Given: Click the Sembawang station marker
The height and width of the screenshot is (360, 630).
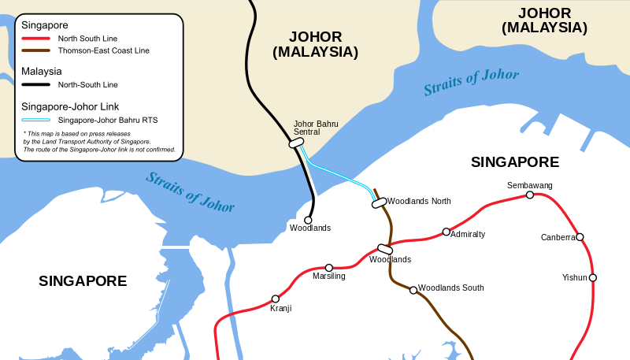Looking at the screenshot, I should (530, 195).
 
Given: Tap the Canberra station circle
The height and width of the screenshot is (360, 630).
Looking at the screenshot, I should (580, 237).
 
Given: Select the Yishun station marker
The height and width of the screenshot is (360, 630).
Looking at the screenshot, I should (593, 277).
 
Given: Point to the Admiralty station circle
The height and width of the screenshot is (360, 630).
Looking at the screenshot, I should (447, 232).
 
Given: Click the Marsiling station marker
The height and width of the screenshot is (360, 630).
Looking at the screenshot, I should (329, 268).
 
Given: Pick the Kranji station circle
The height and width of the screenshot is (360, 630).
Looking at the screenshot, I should (276, 299).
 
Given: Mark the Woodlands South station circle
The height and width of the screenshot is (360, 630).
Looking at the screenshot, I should (413, 290).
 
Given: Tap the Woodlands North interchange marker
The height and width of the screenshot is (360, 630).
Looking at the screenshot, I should (380, 202).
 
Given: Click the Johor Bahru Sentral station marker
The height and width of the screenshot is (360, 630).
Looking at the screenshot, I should (297, 143).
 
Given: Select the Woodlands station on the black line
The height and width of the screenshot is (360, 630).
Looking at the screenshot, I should (308, 220).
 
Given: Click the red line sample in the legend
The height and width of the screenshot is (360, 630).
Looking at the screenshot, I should (36, 38).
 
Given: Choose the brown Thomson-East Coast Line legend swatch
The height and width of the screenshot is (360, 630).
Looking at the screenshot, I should (36, 50).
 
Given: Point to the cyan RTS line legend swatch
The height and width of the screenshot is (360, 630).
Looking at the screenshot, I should (36, 120).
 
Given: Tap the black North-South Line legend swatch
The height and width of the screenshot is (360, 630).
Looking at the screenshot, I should (36, 84).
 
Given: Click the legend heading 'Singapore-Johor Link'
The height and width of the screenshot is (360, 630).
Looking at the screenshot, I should (70, 106).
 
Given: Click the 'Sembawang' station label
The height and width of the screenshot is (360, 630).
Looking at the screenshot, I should (530, 185).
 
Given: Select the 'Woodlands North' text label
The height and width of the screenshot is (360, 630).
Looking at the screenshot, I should (419, 202).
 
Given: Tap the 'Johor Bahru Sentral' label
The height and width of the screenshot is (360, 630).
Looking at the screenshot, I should (315, 128).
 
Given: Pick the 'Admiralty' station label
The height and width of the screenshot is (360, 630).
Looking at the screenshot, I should (468, 235).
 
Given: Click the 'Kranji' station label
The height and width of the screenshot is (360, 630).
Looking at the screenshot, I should (281, 309).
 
